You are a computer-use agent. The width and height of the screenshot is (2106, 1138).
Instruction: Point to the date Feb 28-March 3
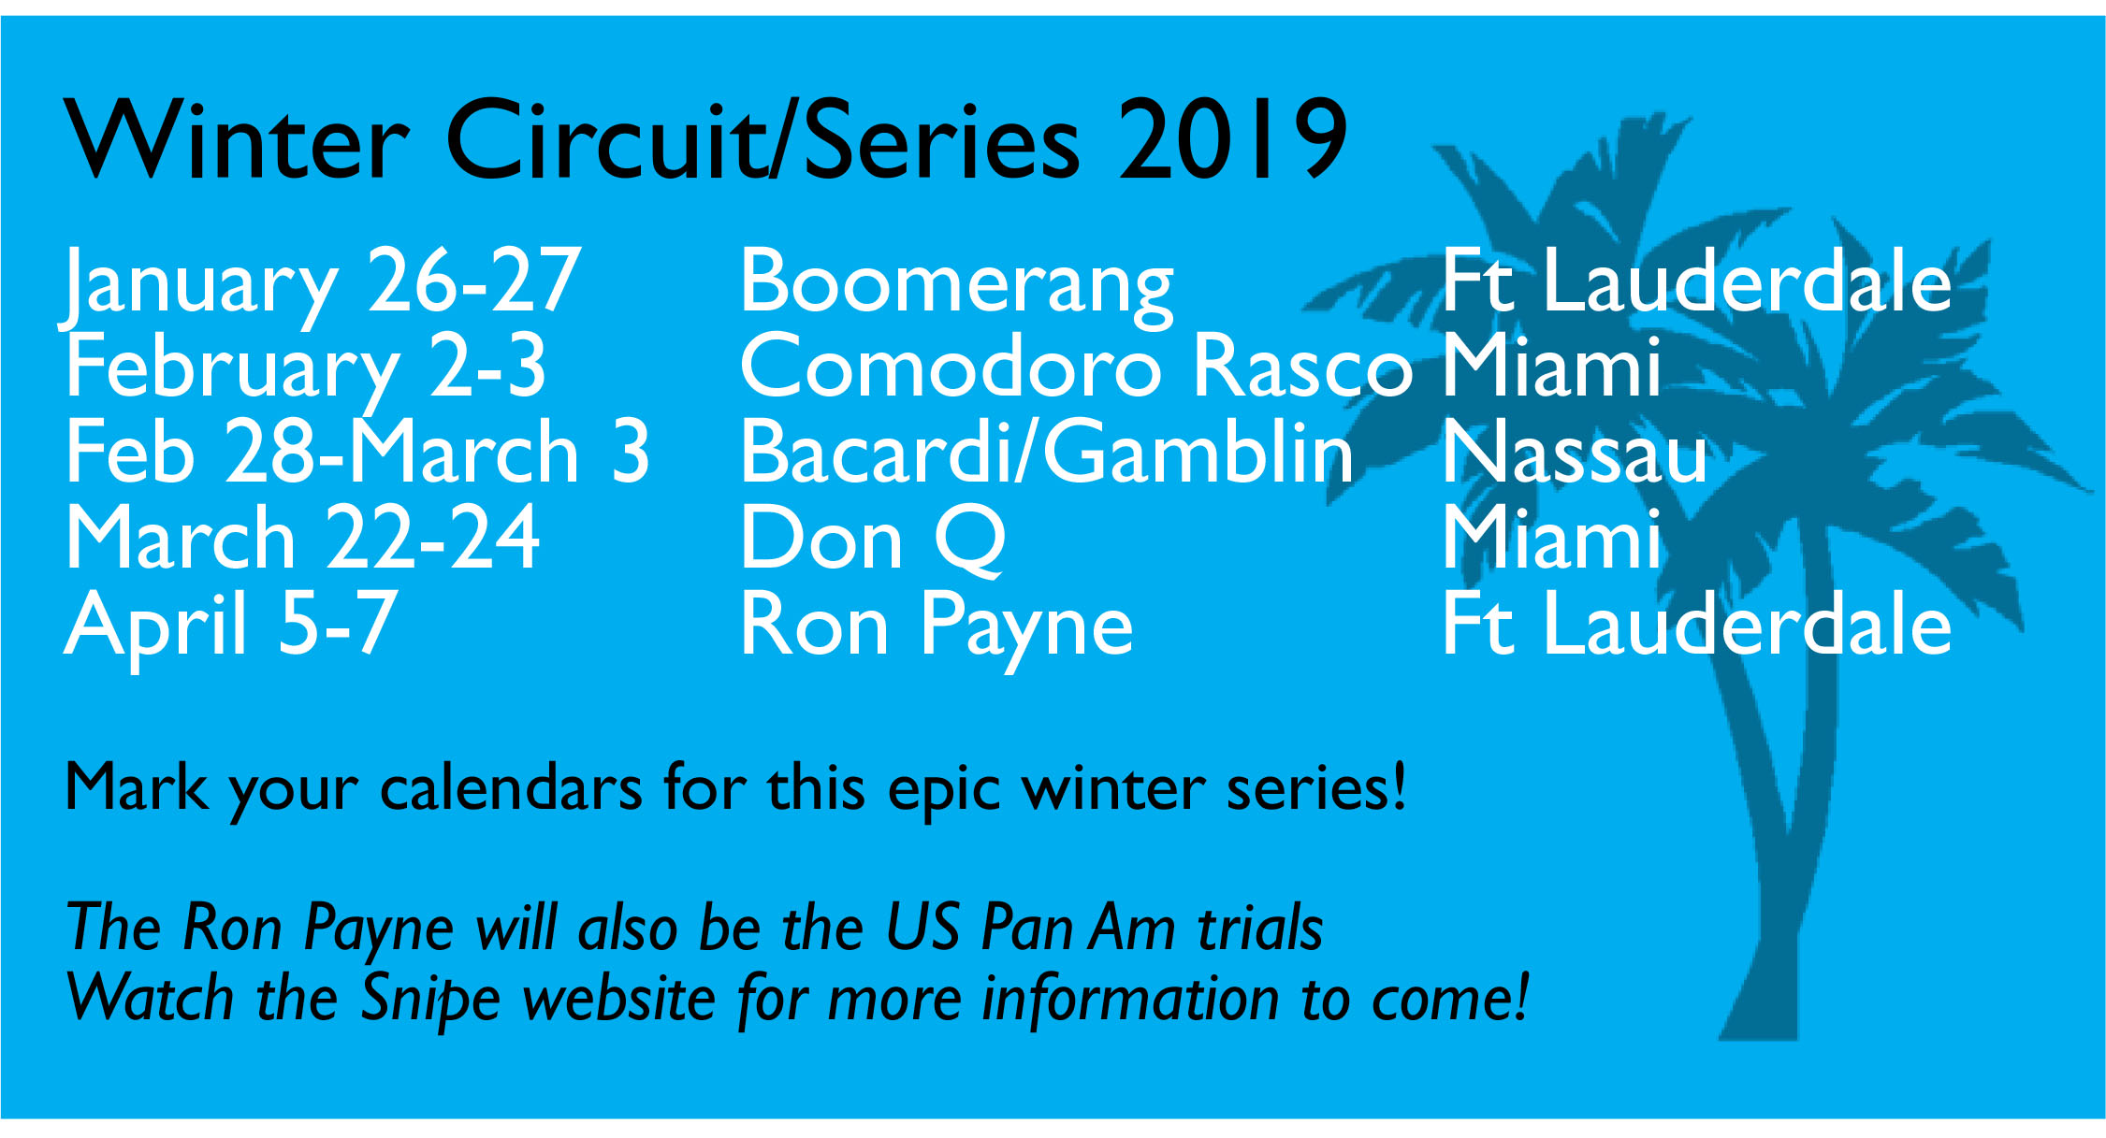pos(357,452)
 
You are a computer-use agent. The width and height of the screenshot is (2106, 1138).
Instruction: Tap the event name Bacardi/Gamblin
pos(1047,452)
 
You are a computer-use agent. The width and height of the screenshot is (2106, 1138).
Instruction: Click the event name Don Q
pos(873,539)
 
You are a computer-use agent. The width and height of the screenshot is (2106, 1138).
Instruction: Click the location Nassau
pos(1576,452)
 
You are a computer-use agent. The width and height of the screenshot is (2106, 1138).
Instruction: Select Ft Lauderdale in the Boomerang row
pos(1697,280)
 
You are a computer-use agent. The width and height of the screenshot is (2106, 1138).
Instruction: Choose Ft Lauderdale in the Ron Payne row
pos(1697,623)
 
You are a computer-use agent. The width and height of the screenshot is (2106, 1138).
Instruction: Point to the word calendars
pos(511,788)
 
